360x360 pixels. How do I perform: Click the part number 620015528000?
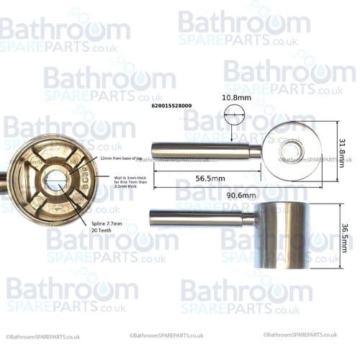click(171, 106)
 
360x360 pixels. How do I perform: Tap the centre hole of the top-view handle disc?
click(292, 151)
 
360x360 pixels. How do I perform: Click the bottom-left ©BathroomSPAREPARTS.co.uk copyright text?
click(43, 336)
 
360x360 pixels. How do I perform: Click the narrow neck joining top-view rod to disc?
click(256, 151)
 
